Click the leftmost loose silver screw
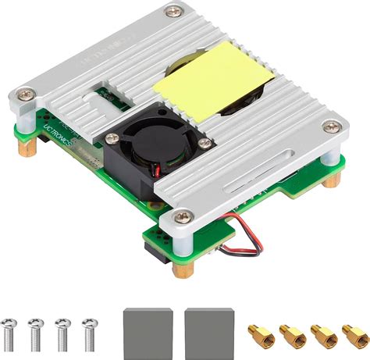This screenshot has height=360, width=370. tap(10, 333)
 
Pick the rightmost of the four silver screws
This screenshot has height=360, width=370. tap(90, 333)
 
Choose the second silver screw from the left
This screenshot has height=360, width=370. tap(36, 333)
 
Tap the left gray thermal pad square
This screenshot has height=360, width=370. tap(148, 330)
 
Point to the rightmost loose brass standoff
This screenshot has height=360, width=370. tap(355, 334)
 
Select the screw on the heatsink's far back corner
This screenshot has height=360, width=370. tap(172, 12)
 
